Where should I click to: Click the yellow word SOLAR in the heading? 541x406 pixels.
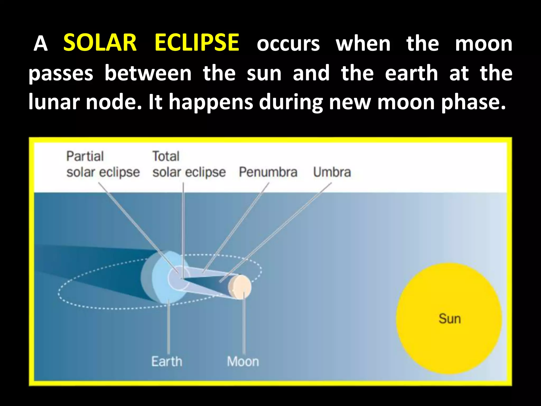(x=100, y=43)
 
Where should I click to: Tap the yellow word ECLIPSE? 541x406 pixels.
(x=197, y=43)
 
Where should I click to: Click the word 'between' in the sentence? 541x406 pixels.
(x=148, y=73)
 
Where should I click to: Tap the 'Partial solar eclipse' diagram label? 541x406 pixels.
(x=103, y=164)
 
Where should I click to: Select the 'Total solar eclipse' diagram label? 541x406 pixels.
(x=189, y=164)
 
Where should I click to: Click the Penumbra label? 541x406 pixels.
(x=268, y=172)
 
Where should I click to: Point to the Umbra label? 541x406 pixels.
(x=332, y=172)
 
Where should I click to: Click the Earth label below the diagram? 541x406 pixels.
(x=167, y=361)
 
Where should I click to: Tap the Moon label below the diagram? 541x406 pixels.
(x=243, y=361)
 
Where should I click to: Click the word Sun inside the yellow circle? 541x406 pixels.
(x=450, y=319)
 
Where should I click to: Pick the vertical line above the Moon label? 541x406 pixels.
(x=244, y=325)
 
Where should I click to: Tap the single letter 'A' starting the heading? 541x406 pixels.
(x=41, y=44)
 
